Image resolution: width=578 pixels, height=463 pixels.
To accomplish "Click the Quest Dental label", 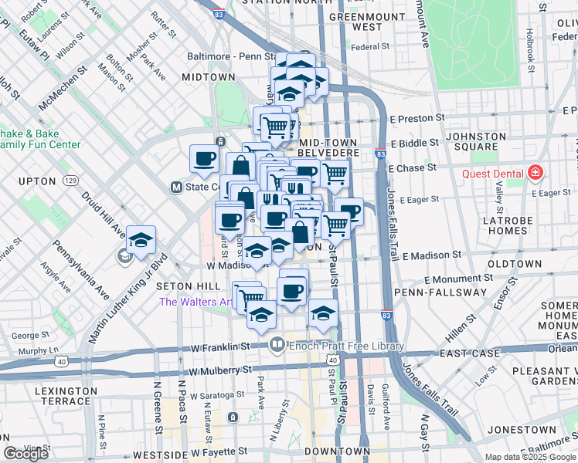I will (x=493, y=173).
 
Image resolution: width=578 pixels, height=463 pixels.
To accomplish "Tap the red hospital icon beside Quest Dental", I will (x=534, y=173).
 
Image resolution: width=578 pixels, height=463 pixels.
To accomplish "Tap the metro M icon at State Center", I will (x=176, y=187).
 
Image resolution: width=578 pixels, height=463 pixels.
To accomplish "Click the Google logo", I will (x=26, y=454).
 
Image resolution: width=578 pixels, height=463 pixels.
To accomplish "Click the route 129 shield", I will (x=70, y=181).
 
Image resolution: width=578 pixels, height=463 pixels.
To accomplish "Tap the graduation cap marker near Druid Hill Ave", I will (x=141, y=240).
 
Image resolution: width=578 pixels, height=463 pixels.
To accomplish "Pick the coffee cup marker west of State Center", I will (x=205, y=159).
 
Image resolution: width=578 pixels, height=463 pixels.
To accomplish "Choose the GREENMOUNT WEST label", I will (x=366, y=22).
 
